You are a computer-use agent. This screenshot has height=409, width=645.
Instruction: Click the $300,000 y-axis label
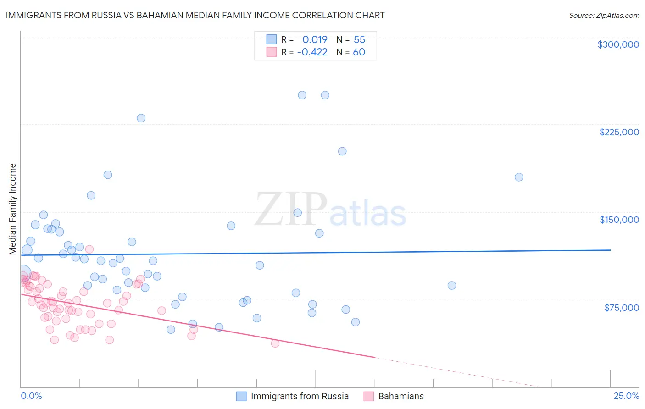[618, 44]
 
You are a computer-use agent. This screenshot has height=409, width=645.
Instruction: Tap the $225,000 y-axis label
[619, 132]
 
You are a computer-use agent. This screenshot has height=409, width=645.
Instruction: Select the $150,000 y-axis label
[619, 220]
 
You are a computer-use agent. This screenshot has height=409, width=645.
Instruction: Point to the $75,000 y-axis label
[621, 308]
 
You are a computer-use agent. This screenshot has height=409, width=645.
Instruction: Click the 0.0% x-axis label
[31, 396]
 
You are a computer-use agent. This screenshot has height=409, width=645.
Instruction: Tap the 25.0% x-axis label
[626, 396]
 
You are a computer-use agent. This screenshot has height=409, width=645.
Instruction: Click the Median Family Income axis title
[13, 209]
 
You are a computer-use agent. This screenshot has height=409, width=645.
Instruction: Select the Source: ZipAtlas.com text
[604, 16]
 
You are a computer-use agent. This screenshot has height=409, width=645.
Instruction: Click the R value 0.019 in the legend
[315, 39]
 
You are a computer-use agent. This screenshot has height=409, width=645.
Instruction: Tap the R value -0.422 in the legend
[312, 52]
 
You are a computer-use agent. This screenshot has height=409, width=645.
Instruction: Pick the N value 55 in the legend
[359, 39]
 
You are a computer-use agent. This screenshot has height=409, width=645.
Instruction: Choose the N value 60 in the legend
[359, 52]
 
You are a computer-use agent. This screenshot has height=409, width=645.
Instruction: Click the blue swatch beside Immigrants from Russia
[241, 396]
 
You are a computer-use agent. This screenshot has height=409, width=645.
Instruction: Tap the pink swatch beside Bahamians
[368, 396]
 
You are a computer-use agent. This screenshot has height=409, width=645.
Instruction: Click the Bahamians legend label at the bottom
[401, 396]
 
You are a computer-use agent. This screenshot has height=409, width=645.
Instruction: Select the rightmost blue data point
[519, 177]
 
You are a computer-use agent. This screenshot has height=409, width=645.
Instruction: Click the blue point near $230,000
[141, 118]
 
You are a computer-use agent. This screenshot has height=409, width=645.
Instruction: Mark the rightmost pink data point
[275, 343]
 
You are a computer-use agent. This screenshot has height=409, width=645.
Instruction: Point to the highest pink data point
[89, 249]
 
